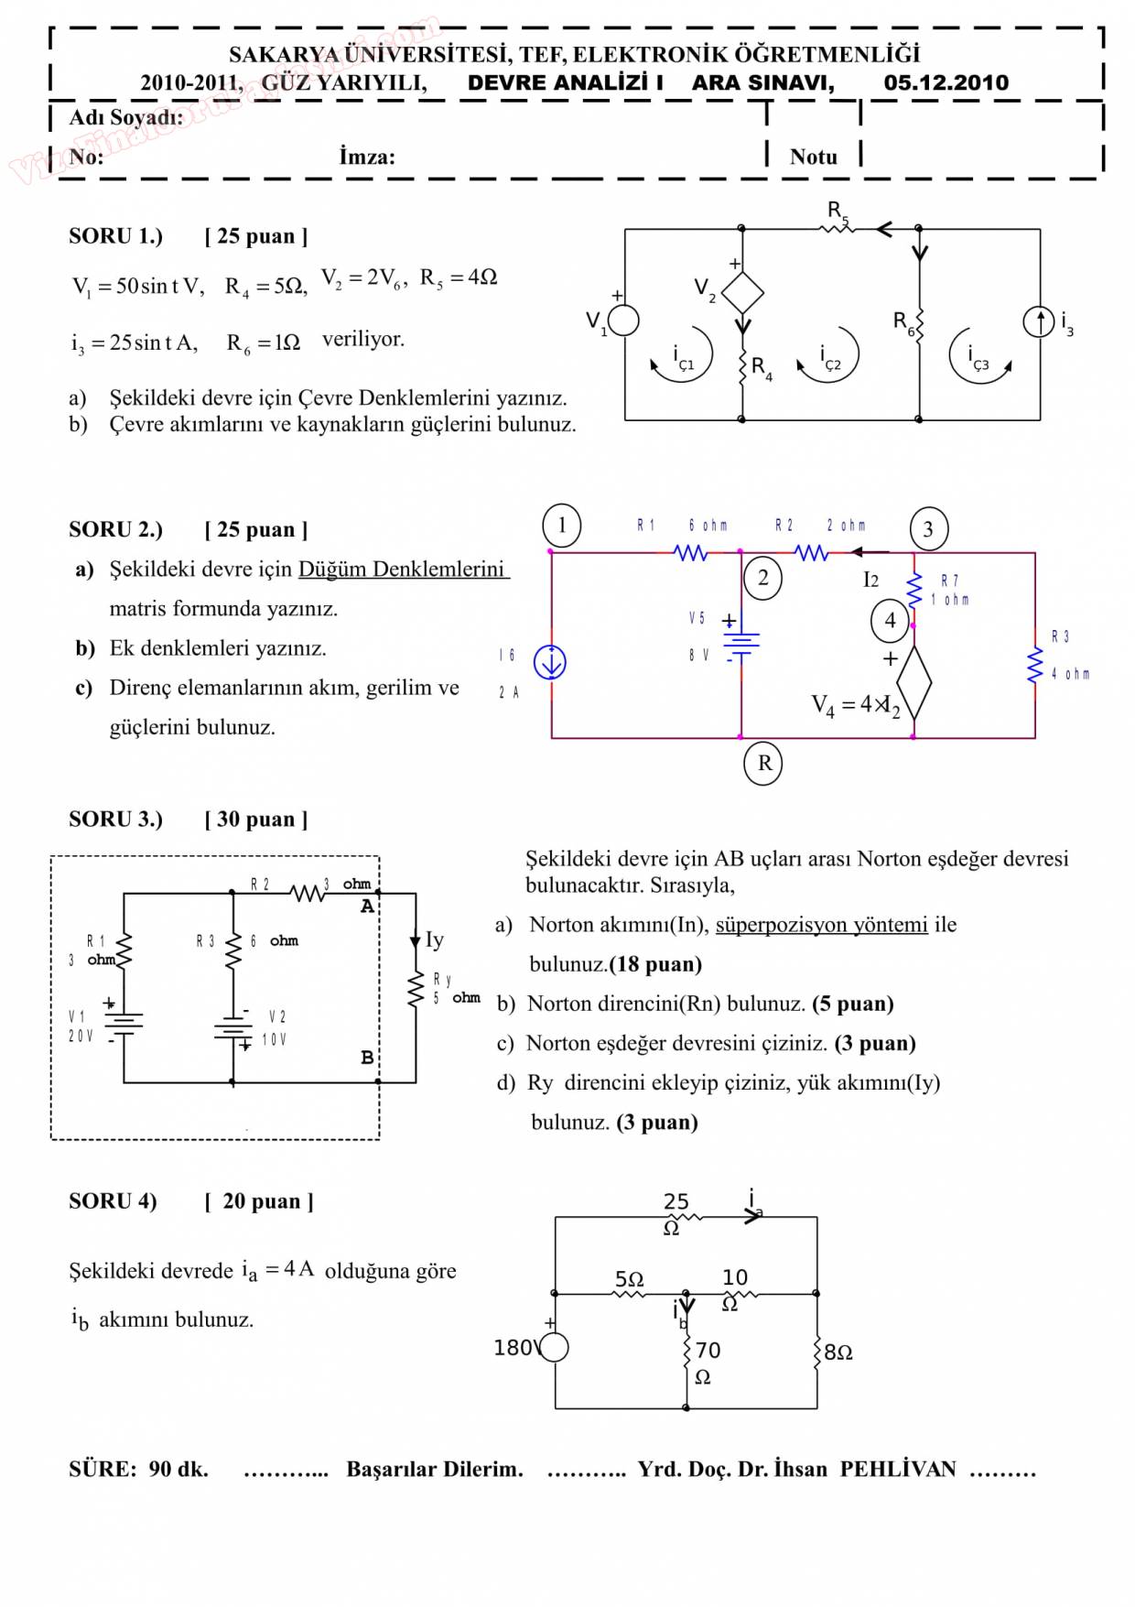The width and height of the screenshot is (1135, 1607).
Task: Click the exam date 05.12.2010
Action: (946, 82)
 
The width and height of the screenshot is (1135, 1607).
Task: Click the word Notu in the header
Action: (813, 157)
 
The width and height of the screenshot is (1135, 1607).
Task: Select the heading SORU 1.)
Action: (115, 236)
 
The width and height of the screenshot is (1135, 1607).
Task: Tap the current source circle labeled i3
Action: (1039, 321)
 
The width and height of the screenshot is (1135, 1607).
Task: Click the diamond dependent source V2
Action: (742, 293)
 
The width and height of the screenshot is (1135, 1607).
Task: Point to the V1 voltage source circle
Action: (624, 320)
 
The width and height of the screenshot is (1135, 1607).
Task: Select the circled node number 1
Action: (562, 526)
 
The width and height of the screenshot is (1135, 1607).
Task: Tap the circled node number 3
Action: (928, 529)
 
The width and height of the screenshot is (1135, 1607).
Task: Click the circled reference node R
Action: (764, 763)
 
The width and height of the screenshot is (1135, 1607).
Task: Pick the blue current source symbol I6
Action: (550, 662)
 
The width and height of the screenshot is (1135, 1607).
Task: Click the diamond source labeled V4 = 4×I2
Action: (913, 682)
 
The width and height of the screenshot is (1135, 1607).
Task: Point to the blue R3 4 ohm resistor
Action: (1035, 666)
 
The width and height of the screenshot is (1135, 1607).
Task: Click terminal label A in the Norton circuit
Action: (367, 907)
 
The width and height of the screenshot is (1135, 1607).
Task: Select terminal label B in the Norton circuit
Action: (367, 1058)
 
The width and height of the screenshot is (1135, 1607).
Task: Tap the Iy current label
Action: (434, 939)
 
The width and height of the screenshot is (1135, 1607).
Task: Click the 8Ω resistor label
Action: (838, 1352)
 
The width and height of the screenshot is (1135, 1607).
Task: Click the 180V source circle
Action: (555, 1347)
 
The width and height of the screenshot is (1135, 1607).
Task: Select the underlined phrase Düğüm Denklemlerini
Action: (402, 570)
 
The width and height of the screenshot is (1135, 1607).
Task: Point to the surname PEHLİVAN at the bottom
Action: (897, 1469)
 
